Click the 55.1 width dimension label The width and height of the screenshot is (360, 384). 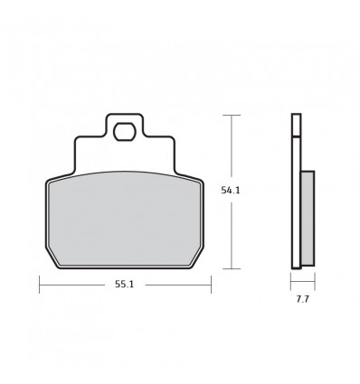pos(124,285)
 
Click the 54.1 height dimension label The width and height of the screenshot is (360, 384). pos(231,191)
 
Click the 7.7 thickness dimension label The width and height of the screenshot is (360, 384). pos(302,300)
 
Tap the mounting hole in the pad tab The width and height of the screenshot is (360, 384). pos(124,132)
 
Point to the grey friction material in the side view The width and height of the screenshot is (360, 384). pos(308,219)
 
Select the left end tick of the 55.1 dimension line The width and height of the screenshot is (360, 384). pos(40,285)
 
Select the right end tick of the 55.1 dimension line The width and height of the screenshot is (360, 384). pos(211,285)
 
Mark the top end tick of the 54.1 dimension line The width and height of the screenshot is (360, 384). pos(232,115)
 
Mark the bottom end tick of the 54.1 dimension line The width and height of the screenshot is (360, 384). pos(232,268)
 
